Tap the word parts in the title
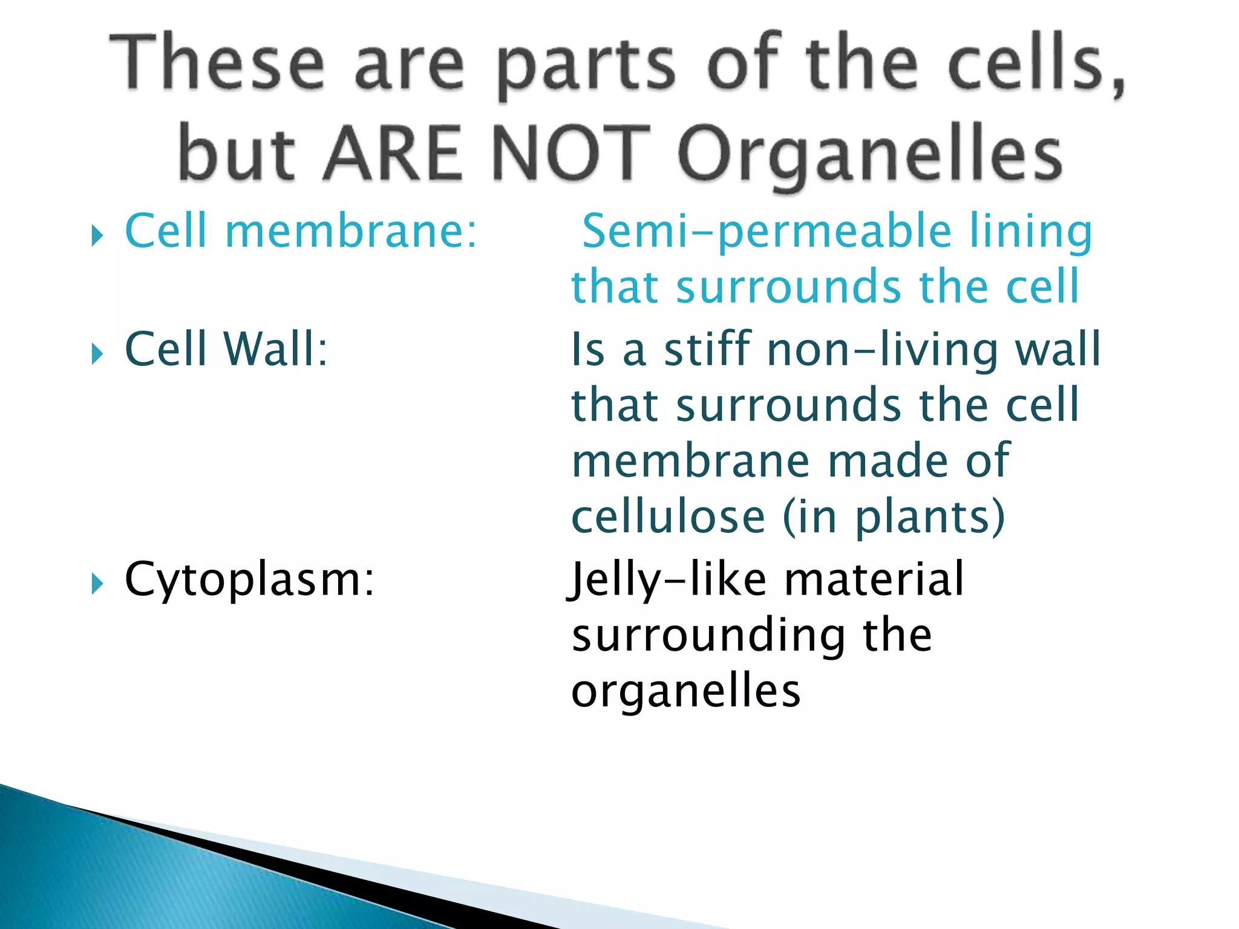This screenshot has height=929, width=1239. click(x=586, y=67)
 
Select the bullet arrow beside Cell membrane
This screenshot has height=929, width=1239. click(x=97, y=235)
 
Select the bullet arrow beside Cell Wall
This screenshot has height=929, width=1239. click(x=97, y=353)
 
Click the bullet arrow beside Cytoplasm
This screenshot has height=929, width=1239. click(x=97, y=584)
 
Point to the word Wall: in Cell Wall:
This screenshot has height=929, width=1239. click(x=275, y=350)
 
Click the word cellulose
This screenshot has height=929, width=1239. click(x=669, y=518)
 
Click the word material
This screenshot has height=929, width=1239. click(x=874, y=579)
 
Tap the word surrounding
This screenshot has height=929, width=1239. click(x=708, y=636)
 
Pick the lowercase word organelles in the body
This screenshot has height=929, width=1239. click(x=686, y=692)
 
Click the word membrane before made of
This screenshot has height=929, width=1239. click(x=690, y=461)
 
